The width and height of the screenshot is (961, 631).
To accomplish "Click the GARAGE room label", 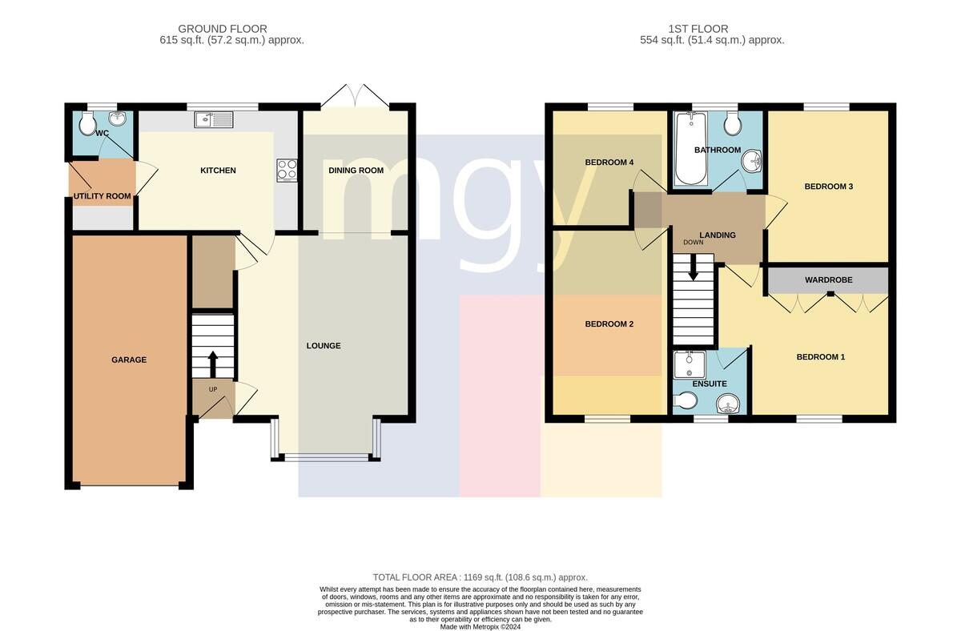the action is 129,360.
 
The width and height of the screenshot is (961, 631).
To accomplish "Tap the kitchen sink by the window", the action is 213,119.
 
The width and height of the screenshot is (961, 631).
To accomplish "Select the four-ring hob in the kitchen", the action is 287,171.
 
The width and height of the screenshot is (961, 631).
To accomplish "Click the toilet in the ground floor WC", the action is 87,123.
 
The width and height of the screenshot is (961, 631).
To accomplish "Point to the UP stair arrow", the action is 212,364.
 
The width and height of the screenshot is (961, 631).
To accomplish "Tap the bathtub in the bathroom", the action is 690,149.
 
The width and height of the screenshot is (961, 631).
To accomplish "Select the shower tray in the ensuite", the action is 690,365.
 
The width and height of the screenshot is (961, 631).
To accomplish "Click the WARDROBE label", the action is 828,280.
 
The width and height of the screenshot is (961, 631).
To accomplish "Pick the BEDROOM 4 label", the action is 609,162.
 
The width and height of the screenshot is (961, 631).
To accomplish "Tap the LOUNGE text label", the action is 324,346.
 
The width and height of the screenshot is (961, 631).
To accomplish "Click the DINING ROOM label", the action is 356,171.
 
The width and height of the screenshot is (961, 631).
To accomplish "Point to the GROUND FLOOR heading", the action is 223,29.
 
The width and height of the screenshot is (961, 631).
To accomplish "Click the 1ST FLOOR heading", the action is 698,29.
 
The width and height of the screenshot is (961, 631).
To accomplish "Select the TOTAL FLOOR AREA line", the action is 480,577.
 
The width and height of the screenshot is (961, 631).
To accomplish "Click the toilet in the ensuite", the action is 686,400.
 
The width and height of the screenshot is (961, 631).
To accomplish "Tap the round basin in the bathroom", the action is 751,161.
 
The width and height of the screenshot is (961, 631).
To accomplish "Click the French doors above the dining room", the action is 356,96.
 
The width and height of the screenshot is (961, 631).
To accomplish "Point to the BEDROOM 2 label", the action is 609,324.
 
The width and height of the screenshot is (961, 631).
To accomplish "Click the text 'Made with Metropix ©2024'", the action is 480,627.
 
